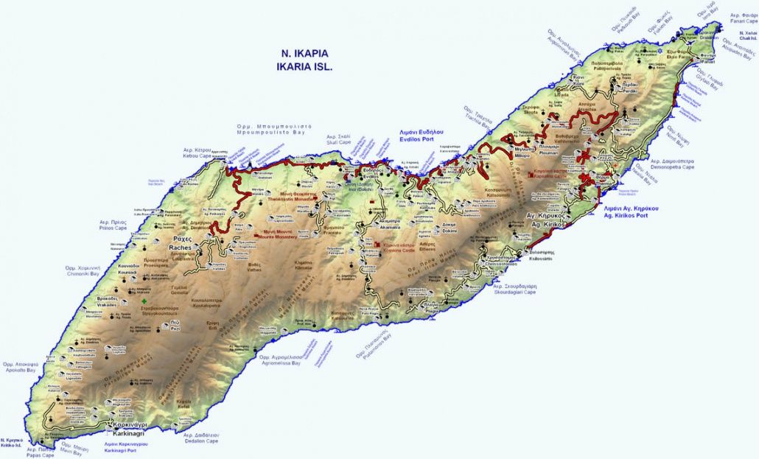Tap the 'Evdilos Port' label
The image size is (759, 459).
click(420, 136)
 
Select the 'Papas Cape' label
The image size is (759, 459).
click(41, 455)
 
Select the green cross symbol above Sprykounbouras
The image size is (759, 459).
click(144, 301)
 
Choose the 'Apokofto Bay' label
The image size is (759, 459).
click(20, 371)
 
